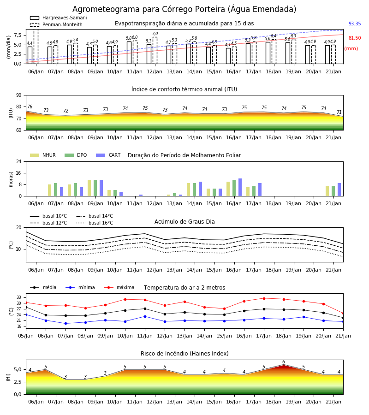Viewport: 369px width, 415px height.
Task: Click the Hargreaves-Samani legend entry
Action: click(x=59, y=18)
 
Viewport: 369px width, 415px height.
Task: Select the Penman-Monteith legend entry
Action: click(x=56, y=24)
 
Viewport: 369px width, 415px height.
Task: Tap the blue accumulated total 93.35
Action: click(x=355, y=24)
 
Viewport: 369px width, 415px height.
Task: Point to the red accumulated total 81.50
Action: click(x=355, y=38)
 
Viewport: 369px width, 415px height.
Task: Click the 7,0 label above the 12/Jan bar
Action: click(x=155, y=34)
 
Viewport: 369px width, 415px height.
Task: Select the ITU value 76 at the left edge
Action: click(x=30, y=107)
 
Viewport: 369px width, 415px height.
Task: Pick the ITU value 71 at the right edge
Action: click(x=339, y=112)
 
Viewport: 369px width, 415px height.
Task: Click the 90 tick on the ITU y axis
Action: click(x=19, y=95)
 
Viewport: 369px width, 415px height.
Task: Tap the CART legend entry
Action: click(x=108, y=155)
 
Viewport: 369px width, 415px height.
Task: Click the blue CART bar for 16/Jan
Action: click(x=240, y=187)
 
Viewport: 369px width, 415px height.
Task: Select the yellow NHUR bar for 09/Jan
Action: click(x=89, y=188)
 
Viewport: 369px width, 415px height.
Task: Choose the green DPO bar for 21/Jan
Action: click(x=333, y=191)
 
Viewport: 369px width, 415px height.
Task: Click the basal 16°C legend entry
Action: click(x=95, y=223)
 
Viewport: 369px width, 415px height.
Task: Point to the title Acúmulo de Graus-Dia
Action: click(x=184, y=221)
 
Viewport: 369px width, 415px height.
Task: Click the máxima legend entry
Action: click(x=119, y=287)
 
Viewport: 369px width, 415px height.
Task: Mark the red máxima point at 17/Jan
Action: click(x=264, y=298)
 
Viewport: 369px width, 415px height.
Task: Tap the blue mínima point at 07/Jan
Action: click(x=65, y=323)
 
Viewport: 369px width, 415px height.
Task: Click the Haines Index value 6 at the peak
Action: click(x=284, y=362)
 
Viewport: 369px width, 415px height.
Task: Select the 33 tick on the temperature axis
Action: click(x=19, y=297)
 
